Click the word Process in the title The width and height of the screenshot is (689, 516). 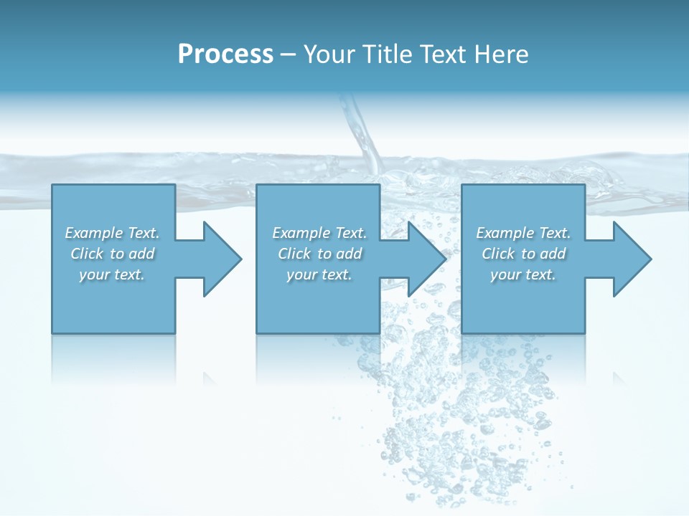pyautogui.click(x=225, y=54)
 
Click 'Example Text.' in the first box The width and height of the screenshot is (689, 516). pyautogui.click(x=112, y=233)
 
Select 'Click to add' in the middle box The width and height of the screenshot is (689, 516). pyautogui.click(x=319, y=254)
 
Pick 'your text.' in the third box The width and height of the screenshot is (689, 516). pyautogui.click(x=523, y=274)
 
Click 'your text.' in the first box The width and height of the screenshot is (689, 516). pyautogui.click(x=112, y=274)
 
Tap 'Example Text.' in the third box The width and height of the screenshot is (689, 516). pyautogui.click(x=523, y=233)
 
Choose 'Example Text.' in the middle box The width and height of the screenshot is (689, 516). pyautogui.click(x=319, y=233)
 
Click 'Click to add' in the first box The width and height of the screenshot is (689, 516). pyautogui.click(x=112, y=254)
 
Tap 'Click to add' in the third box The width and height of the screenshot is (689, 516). pyautogui.click(x=523, y=254)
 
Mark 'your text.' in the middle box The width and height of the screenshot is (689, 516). pyautogui.click(x=319, y=274)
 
